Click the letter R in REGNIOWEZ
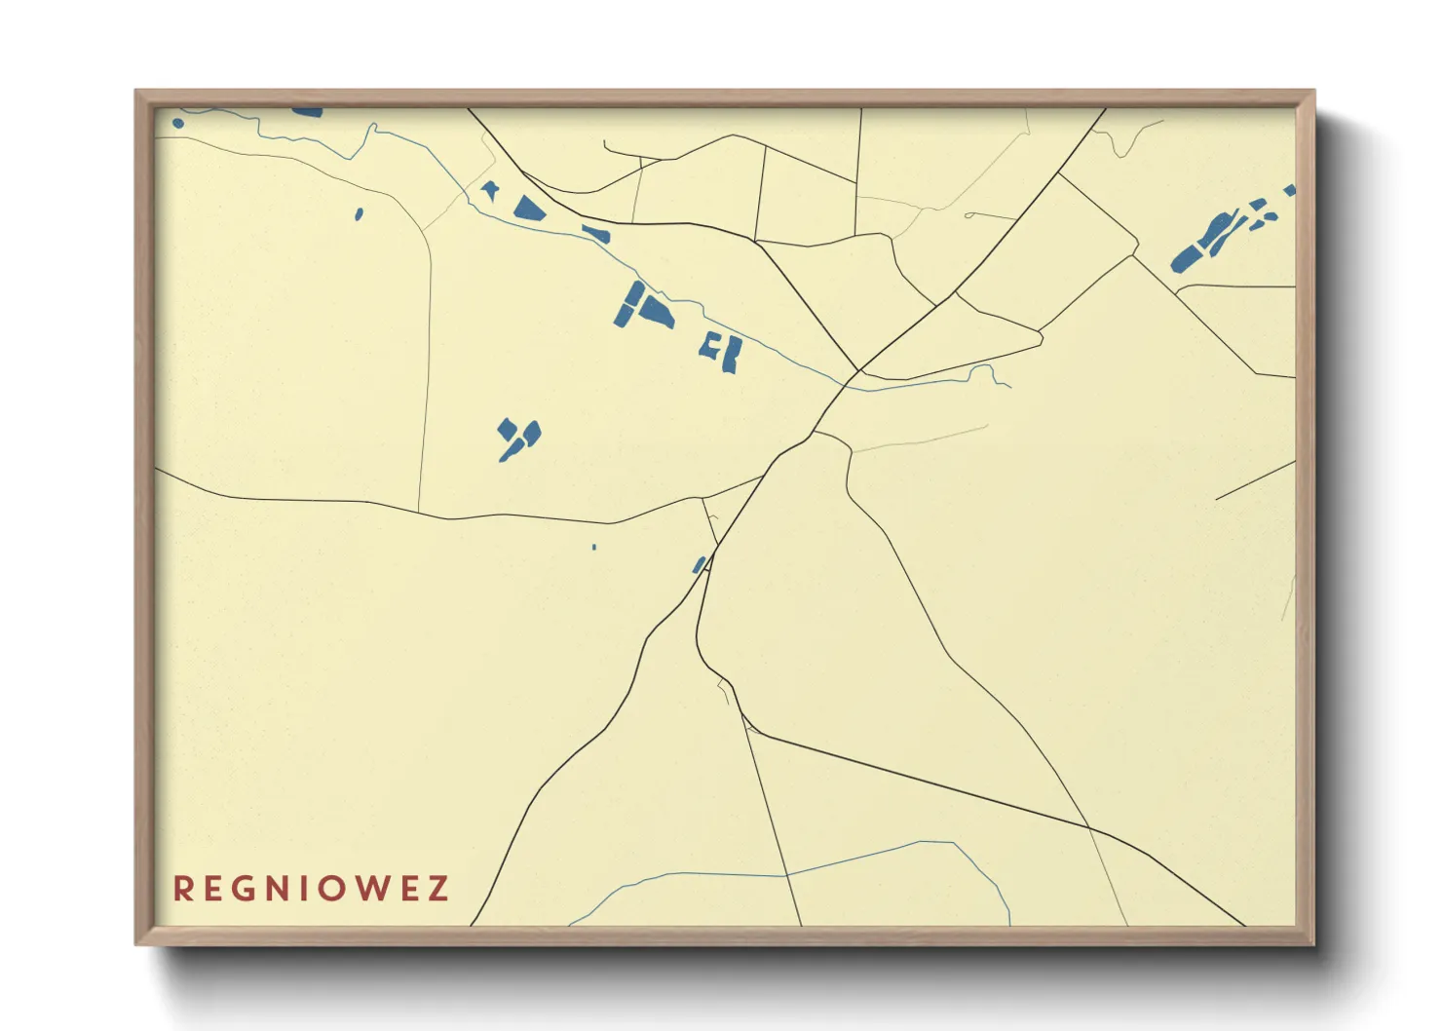click(x=182, y=889)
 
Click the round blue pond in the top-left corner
click(x=178, y=123)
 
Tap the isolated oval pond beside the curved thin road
click(x=359, y=213)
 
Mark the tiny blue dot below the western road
click(x=593, y=547)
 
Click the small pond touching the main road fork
click(x=699, y=564)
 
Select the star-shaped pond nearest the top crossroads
click(x=489, y=190)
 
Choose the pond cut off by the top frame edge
click(x=308, y=112)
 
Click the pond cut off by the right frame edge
click(x=1290, y=190)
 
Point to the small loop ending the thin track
click(x=968, y=214)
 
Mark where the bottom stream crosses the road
click(x=787, y=875)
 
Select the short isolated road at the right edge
click(x=1255, y=480)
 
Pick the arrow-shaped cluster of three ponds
click(x=519, y=437)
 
